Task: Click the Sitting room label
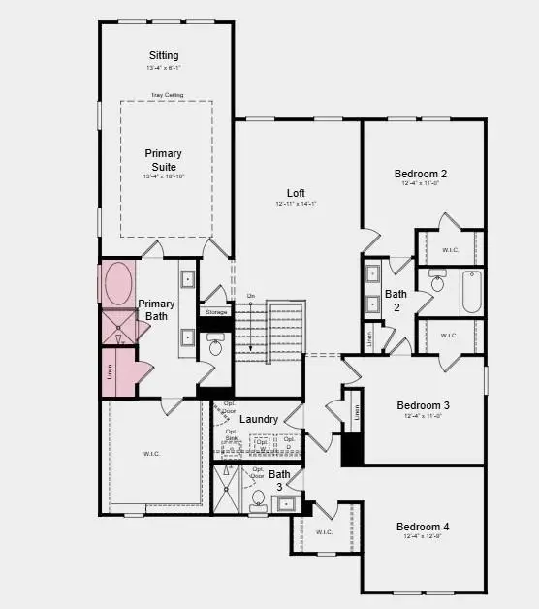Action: [163, 55]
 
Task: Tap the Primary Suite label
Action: [163, 160]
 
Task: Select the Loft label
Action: [296, 192]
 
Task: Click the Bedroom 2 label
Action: [420, 175]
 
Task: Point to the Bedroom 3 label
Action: [423, 405]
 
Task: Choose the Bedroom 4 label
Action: [423, 527]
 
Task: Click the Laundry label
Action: [259, 419]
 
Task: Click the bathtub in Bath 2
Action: [471, 292]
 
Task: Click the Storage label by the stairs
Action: [216, 312]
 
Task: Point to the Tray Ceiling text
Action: [167, 95]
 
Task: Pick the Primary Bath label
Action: [156, 309]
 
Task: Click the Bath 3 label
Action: [279, 480]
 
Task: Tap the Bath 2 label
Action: [395, 300]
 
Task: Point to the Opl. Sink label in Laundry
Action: [232, 435]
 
